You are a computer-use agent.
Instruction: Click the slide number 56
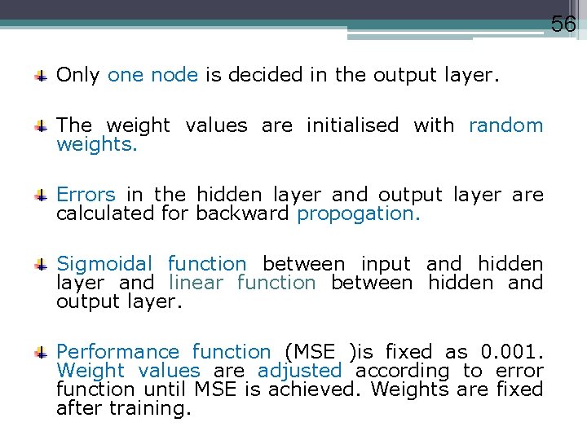click(563, 24)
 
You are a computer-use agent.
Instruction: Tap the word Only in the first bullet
click(77, 76)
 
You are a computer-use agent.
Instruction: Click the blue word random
click(505, 125)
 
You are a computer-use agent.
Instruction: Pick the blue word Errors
click(86, 195)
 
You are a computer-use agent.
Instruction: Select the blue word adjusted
click(299, 371)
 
